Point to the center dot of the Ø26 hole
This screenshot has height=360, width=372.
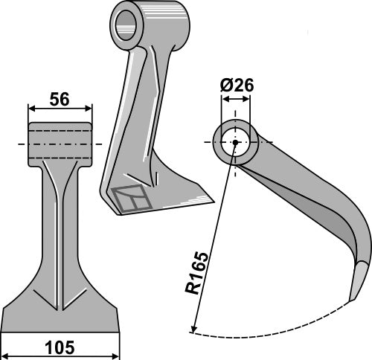coord(235,143)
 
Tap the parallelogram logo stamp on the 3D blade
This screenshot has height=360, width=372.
coord(131,199)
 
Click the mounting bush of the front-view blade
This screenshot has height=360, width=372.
coord(61,143)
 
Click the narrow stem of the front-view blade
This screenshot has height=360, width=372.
coord(61,223)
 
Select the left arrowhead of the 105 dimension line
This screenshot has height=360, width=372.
coord(6,336)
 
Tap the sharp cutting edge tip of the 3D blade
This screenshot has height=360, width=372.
coord(211,199)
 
